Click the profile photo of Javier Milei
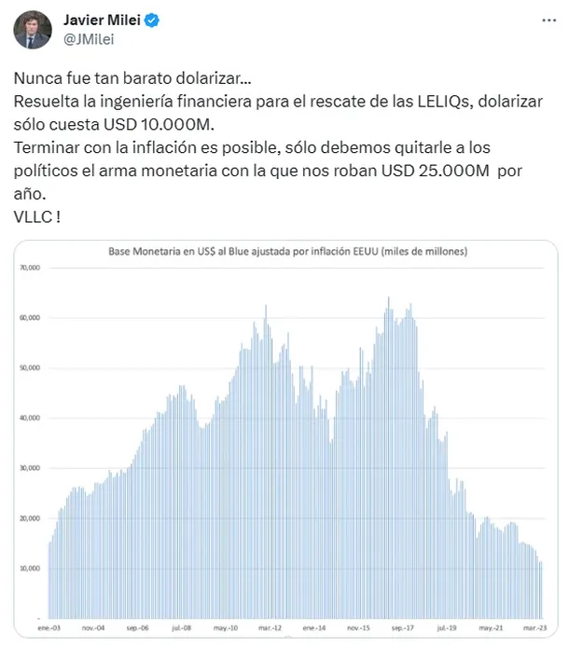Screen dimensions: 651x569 [32, 30]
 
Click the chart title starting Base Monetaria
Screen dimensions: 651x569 [288, 253]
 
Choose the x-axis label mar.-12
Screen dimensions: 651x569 [271, 629]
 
